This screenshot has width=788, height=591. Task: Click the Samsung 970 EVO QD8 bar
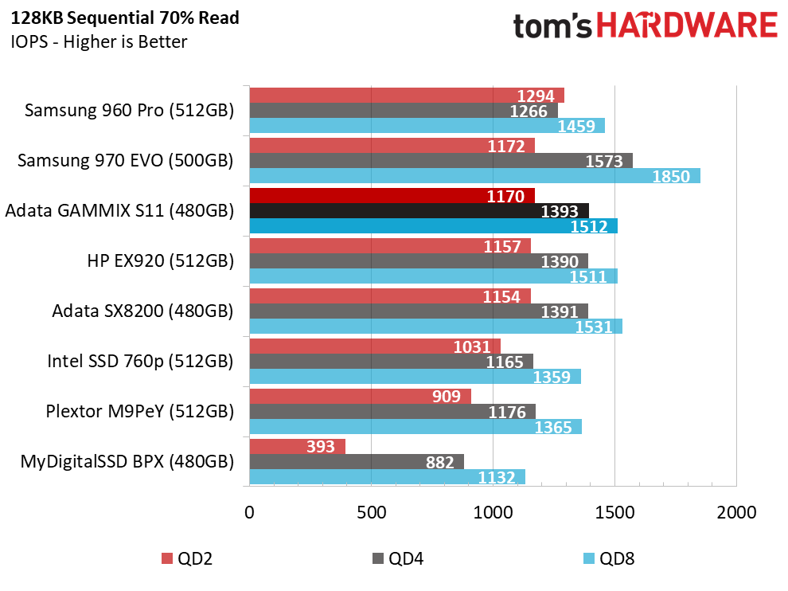pyautogui.click(x=475, y=175)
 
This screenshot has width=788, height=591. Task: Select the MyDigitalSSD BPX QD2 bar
pyautogui.click(x=298, y=446)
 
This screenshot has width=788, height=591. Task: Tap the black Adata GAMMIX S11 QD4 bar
pyautogui.click(x=419, y=211)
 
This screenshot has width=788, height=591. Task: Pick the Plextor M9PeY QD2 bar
pyautogui.click(x=361, y=397)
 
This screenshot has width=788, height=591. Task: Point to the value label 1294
pyautogui.click(x=536, y=96)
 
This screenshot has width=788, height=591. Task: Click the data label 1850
pyautogui.click(x=671, y=177)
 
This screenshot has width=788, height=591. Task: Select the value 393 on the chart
pyautogui.click(x=321, y=446)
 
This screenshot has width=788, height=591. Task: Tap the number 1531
pyautogui.click(x=594, y=327)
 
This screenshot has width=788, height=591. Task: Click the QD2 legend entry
pyautogui.click(x=187, y=558)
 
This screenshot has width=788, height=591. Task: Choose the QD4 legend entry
pyautogui.click(x=398, y=558)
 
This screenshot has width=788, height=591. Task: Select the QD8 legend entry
pyautogui.click(x=609, y=558)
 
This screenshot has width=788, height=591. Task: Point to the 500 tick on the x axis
pyautogui.click(x=372, y=512)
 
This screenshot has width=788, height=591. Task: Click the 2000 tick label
pyautogui.click(x=736, y=512)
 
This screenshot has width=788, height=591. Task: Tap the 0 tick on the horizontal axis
pyautogui.click(x=249, y=512)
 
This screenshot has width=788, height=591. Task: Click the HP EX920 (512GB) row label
pyautogui.click(x=160, y=261)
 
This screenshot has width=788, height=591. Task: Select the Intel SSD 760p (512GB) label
pyautogui.click(x=140, y=361)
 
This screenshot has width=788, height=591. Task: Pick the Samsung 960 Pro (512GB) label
pyautogui.click(x=129, y=110)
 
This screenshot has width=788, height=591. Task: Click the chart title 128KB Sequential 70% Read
pyautogui.click(x=125, y=18)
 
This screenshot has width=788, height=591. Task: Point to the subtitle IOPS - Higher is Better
pyautogui.click(x=99, y=41)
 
